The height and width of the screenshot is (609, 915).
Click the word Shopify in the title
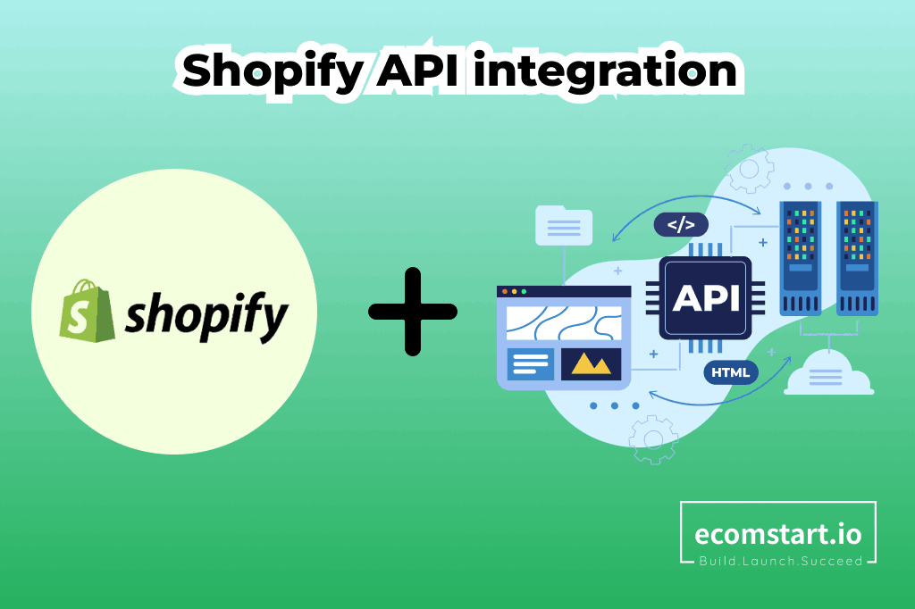(x=273, y=72)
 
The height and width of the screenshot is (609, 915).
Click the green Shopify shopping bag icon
(x=87, y=311)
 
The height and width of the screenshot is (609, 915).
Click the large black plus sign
(x=413, y=312)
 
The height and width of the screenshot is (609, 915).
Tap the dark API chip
(x=705, y=298)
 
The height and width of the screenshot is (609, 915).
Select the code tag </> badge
(x=681, y=225)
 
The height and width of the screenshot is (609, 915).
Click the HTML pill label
(x=731, y=372)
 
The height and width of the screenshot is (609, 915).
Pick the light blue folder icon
(x=564, y=225)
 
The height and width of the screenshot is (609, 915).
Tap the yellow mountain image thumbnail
(x=592, y=364)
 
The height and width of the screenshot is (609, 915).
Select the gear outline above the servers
(x=749, y=169)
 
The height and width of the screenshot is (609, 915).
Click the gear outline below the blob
(x=653, y=439)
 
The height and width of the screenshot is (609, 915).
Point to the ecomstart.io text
(x=778, y=534)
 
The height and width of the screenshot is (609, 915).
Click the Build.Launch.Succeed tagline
(x=781, y=561)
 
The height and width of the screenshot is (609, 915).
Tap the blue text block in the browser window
(x=531, y=364)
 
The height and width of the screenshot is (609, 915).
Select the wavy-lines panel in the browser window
(x=564, y=322)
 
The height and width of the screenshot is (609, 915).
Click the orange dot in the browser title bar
(x=505, y=291)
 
